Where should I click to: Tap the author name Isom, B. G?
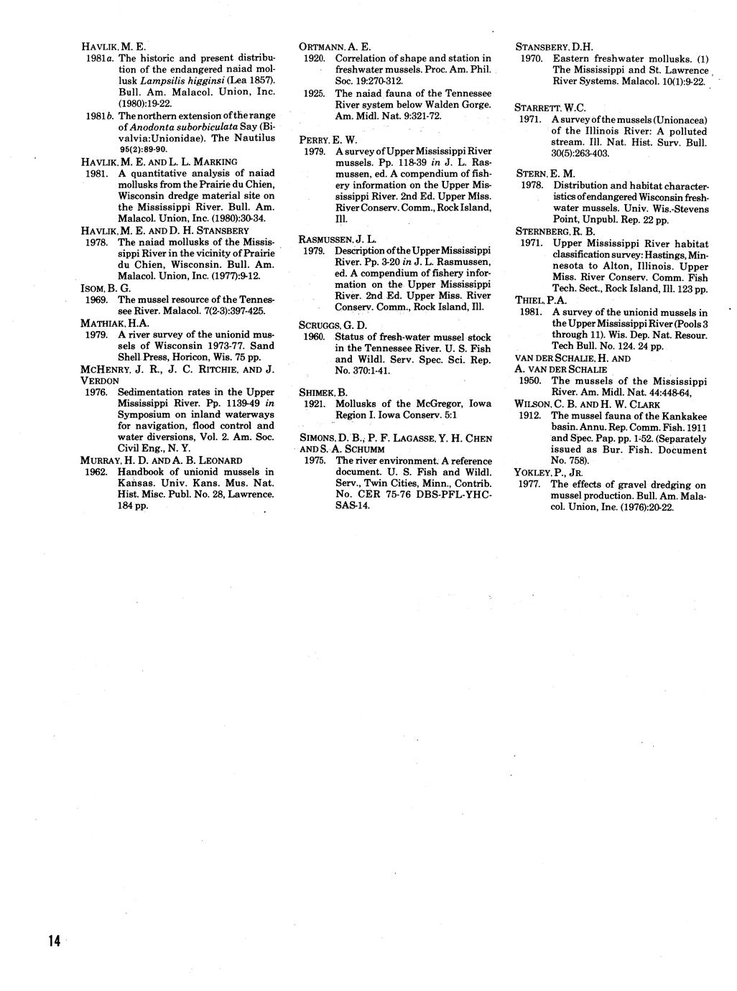point(99,288)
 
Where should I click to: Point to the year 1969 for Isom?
point(96,299)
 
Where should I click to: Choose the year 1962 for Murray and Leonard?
point(96,472)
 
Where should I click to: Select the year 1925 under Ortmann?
point(313,93)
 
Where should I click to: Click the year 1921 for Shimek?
point(313,404)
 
